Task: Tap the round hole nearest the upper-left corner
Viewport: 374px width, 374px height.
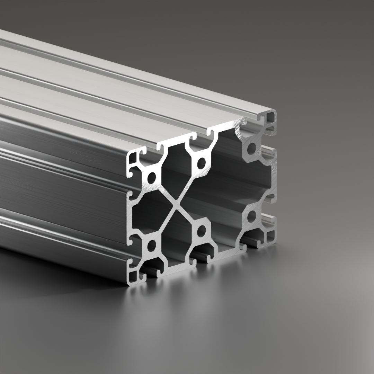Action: click(151, 178)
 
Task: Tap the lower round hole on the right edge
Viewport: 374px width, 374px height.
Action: click(251, 216)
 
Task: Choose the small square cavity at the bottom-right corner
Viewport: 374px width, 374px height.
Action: click(270, 237)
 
